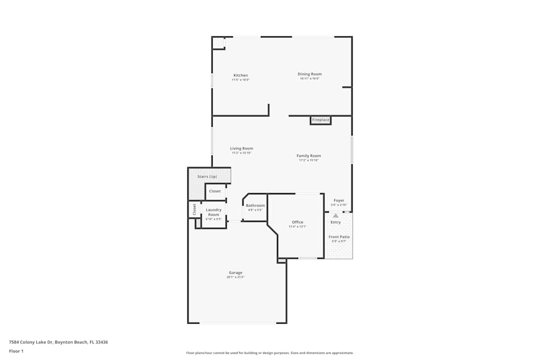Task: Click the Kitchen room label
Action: (x=241, y=75)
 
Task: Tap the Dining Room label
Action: (x=310, y=74)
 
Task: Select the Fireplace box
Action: (x=321, y=120)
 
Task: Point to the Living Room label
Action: (x=241, y=148)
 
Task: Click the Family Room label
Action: (x=309, y=156)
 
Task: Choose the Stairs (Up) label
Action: (x=207, y=176)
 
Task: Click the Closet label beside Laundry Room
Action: (x=194, y=209)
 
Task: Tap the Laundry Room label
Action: (x=214, y=212)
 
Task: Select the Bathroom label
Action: (x=255, y=205)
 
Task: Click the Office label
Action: (x=298, y=222)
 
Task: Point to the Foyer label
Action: (x=339, y=201)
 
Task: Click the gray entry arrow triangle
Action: (x=335, y=215)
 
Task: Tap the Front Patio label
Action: (x=339, y=237)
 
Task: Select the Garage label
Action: (x=235, y=273)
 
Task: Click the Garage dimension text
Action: (x=235, y=277)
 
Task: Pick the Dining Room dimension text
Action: (x=310, y=79)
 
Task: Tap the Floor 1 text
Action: (x=16, y=351)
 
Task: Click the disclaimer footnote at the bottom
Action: (x=270, y=353)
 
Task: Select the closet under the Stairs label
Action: (x=215, y=191)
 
